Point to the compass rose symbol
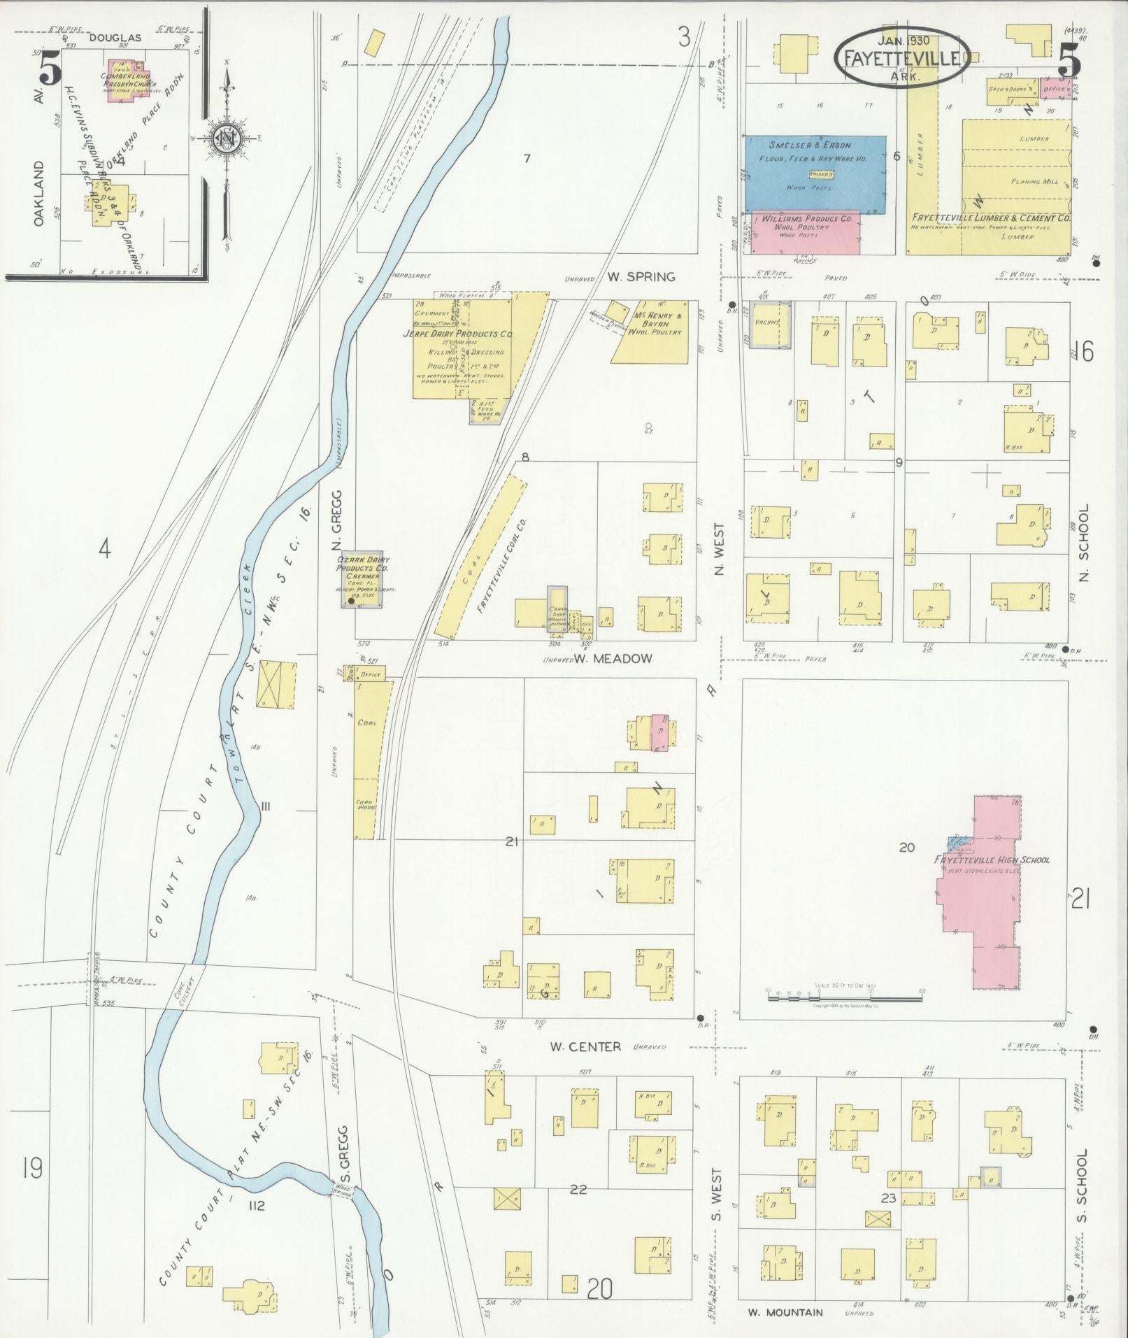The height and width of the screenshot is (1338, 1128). coord(227,139)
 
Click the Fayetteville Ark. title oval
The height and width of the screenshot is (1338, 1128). coord(901,58)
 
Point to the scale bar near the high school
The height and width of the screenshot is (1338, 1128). coord(844,997)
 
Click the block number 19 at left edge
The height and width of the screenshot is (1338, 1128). coord(31,1168)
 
